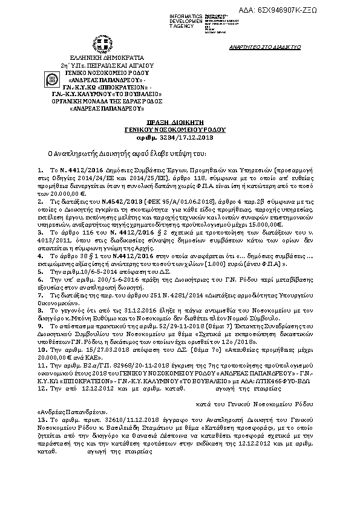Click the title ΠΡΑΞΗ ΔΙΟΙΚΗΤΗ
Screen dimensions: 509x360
[172, 123]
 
